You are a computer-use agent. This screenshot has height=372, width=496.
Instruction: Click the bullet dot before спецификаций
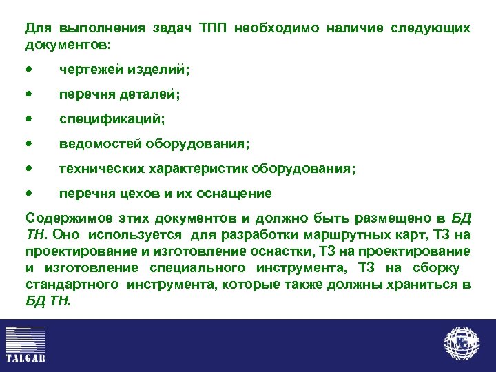pos(28,118)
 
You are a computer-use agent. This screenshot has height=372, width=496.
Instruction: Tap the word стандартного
pos(64,284)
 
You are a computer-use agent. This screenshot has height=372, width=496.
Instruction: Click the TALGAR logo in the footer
pos(25,343)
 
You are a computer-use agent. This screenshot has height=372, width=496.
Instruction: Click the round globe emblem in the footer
pos(462,343)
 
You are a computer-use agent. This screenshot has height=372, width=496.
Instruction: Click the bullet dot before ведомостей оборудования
pos(28,143)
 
